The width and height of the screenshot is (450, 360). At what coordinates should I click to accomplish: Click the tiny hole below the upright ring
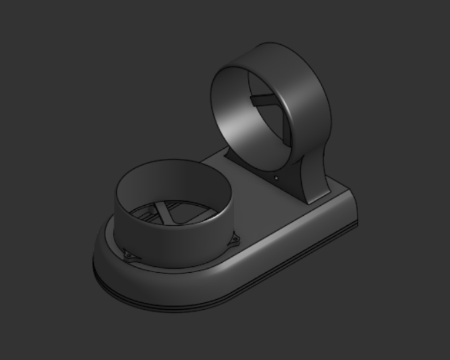coord(276,178)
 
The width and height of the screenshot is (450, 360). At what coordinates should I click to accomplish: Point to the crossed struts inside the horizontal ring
coord(166,213)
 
